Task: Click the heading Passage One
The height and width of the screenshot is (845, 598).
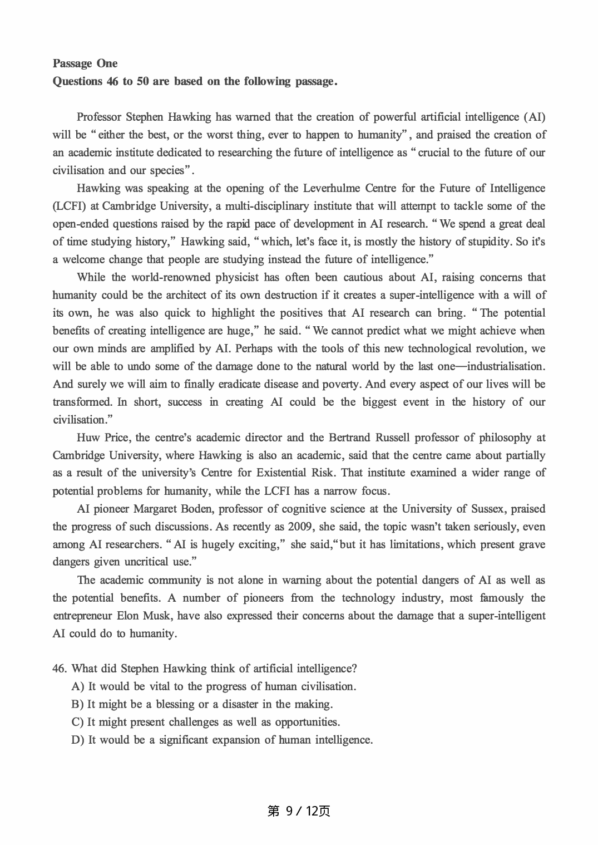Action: point(85,63)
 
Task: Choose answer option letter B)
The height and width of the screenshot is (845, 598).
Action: point(78,704)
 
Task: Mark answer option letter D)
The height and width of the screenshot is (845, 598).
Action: point(78,740)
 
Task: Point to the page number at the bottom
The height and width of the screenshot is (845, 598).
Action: point(299,811)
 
